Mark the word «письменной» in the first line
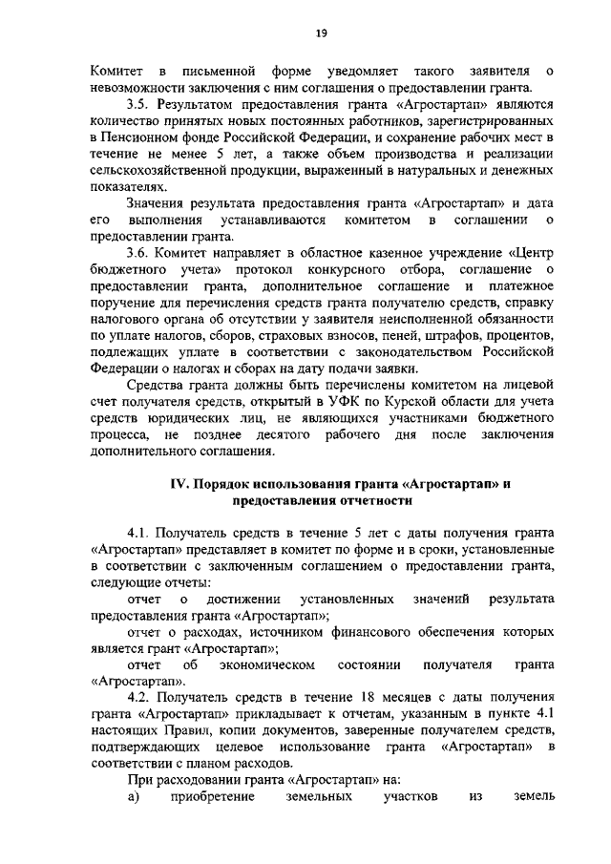coord(220,71)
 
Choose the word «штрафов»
coord(431,336)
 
